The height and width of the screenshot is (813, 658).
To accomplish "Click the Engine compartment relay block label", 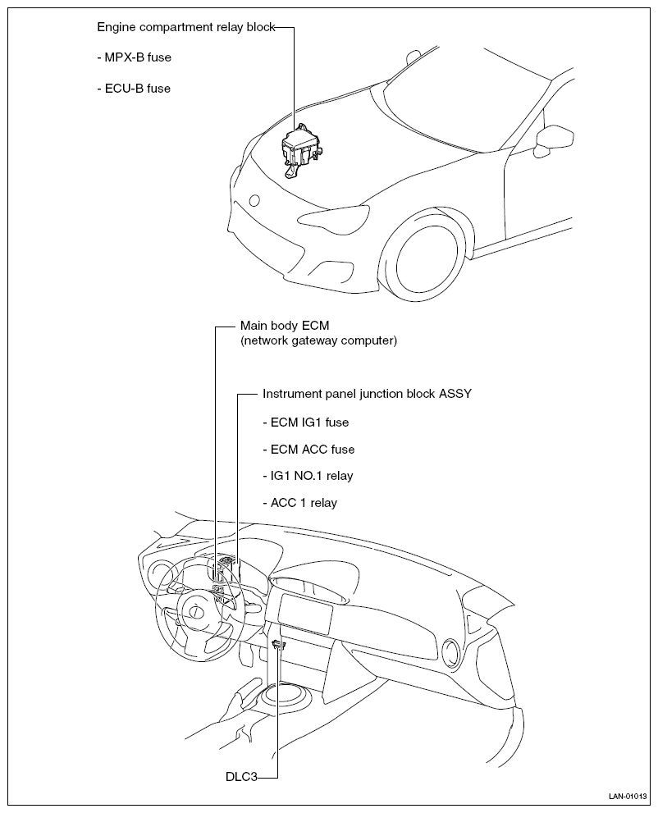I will click(185, 27).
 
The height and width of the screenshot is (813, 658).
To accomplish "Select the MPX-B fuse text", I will click(134, 57).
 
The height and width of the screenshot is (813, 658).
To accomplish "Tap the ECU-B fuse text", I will click(134, 88).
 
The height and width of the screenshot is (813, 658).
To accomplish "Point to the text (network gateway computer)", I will click(318, 340).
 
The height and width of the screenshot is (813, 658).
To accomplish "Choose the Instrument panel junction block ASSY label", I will click(367, 394).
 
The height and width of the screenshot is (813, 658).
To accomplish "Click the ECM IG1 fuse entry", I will click(305, 422).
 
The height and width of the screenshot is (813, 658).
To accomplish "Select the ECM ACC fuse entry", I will click(308, 450).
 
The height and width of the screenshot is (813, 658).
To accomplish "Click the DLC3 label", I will click(242, 775).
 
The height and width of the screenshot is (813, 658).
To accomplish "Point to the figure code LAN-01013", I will click(628, 796).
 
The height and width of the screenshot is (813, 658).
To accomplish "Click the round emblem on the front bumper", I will click(254, 200).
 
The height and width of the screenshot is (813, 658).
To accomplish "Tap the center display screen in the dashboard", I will click(305, 611).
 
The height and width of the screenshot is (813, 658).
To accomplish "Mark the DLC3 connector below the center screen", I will click(278, 646).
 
